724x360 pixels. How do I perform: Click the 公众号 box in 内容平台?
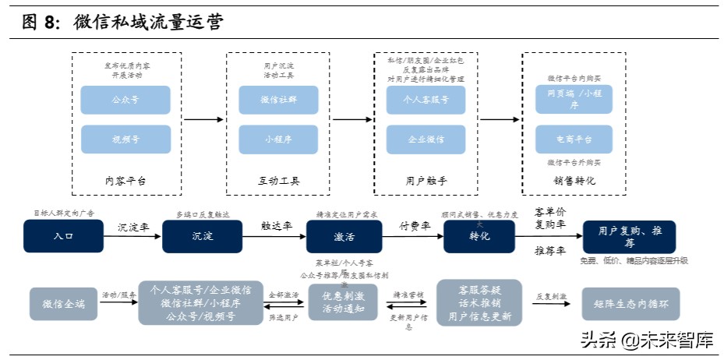coord(125,100)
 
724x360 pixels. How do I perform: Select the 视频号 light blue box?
coord(125,139)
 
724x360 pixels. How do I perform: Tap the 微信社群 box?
coord(278,100)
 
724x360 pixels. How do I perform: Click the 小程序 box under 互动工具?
coord(278,139)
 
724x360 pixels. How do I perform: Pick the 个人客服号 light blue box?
coord(426,100)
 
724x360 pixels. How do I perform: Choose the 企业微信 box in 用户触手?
coord(426,139)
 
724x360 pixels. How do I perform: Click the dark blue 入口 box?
coord(63,236)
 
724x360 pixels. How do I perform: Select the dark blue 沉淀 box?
coord(202,236)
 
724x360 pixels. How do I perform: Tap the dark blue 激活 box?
coord(344,236)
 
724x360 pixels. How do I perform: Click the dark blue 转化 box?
coord(479,236)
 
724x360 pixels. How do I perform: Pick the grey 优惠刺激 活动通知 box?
coord(344,303)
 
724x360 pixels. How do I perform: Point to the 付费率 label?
coord(414,226)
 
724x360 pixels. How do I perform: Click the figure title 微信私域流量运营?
coord(148,22)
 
